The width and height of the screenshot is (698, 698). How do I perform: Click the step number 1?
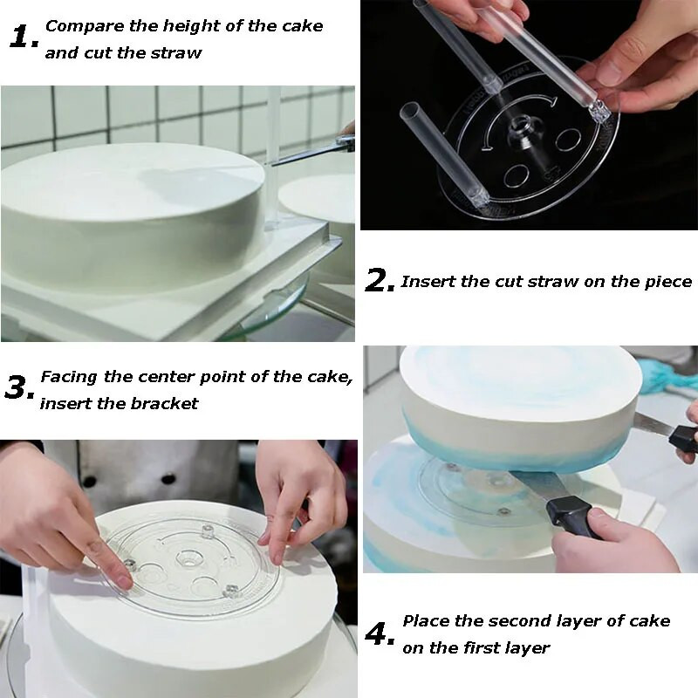coord(24,37)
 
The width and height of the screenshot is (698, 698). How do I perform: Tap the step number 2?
coord(380,281)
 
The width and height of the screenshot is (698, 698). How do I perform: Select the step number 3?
coord(19,387)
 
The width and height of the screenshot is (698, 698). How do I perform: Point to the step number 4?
coord(380,634)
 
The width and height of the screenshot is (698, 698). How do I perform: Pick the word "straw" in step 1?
coord(176,53)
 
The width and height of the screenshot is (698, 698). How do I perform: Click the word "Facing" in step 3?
coord(69,378)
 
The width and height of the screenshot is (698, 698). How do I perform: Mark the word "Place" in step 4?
coord(426,621)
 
